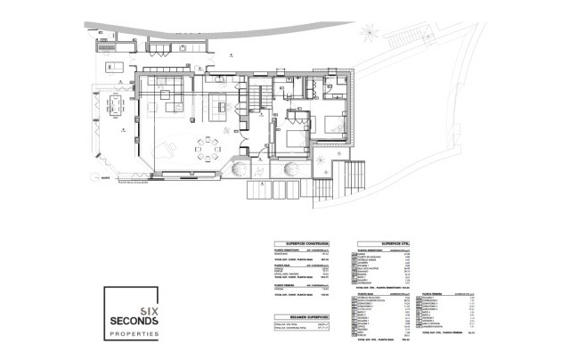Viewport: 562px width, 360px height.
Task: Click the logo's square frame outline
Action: [104, 316]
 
